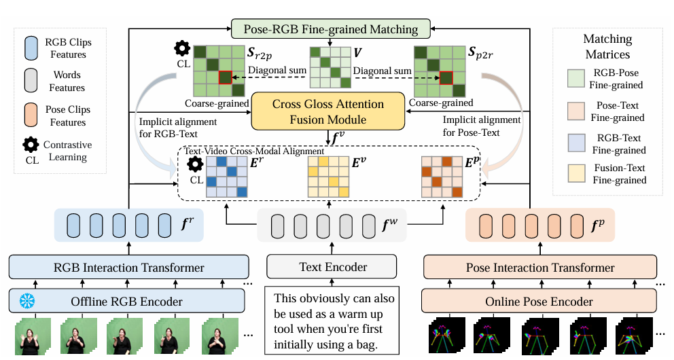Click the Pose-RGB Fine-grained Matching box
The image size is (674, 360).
tap(330, 29)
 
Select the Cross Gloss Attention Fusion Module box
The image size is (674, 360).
tap(328, 112)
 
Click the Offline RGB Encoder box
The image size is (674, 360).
tap(126, 301)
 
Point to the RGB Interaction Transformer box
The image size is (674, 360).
tap(126, 267)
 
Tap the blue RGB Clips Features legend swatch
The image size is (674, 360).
tap(32, 48)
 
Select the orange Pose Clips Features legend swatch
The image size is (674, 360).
tap(32, 115)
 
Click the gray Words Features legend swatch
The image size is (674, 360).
tap(32, 82)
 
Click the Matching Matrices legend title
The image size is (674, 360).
tap(607, 46)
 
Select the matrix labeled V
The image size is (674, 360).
tap(328, 67)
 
